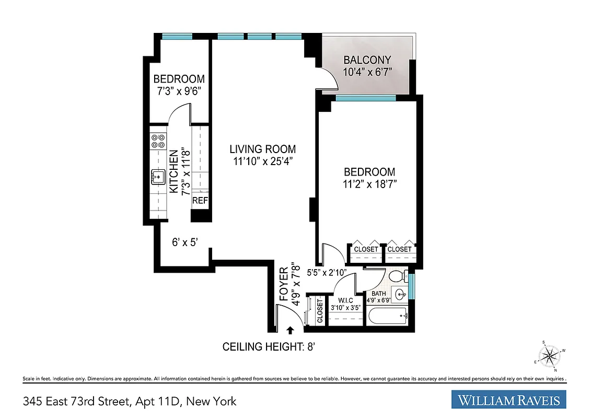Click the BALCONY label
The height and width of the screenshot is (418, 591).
[x=367, y=60]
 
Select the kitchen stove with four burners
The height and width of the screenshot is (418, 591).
[x=158, y=141]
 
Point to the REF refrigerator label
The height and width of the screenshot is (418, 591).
[x=200, y=201]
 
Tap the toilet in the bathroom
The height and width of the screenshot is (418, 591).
[x=397, y=276]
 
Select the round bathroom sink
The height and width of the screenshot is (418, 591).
[x=400, y=294]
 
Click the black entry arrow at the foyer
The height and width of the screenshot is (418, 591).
[x=290, y=329]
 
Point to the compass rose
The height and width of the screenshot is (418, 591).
[x=550, y=356]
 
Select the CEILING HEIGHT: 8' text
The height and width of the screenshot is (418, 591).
[x=268, y=346]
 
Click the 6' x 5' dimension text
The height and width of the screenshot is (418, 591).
[x=184, y=242]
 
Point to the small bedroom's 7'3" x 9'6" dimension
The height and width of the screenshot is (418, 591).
[x=179, y=90]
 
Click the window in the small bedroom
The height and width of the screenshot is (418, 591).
[x=178, y=37]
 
